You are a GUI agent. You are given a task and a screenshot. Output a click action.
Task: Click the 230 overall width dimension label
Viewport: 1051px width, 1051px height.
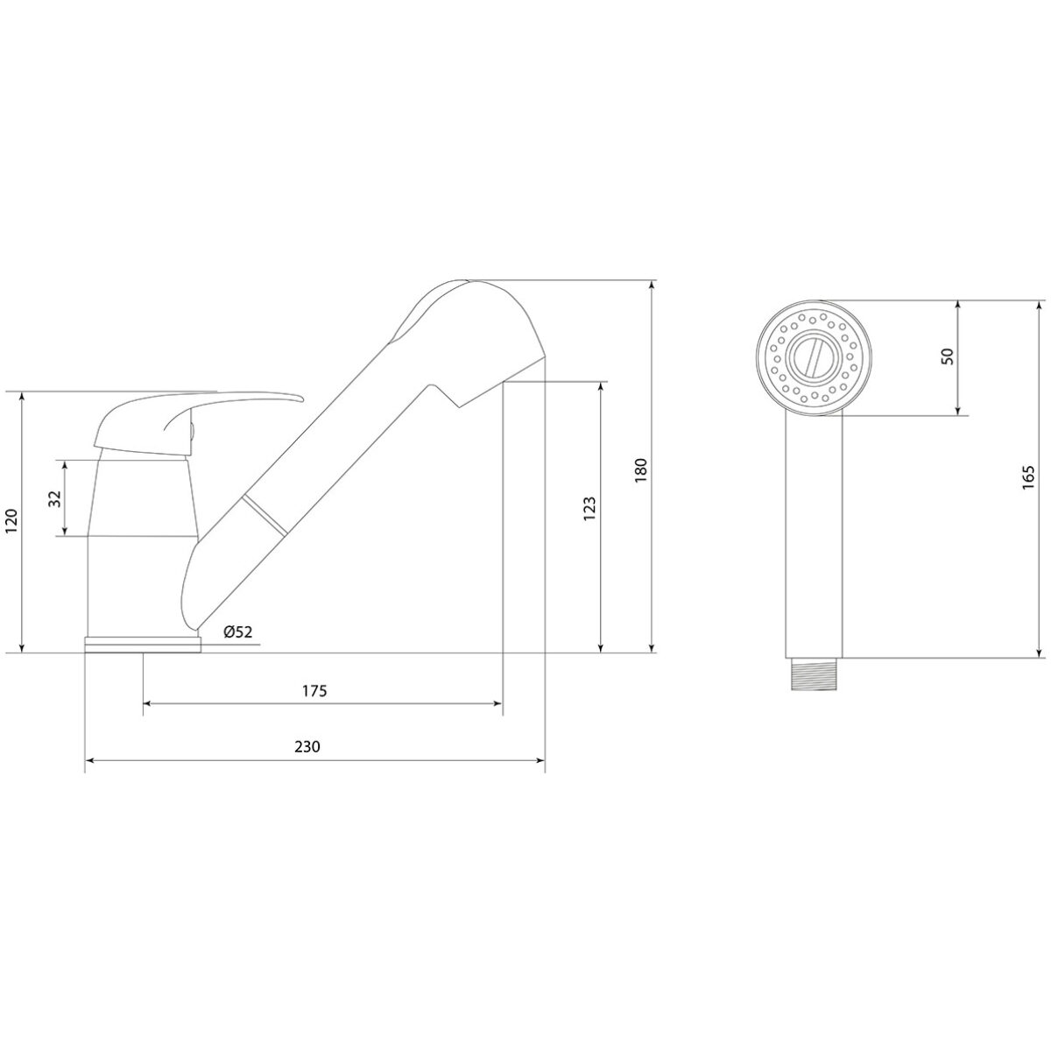tap(307, 746)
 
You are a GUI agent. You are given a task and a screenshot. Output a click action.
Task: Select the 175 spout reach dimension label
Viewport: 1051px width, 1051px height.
tap(314, 691)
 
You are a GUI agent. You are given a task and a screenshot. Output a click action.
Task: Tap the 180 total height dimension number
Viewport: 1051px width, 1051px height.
tap(640, 470)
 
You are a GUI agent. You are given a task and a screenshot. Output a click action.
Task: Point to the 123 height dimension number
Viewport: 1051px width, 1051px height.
tap(589, 508)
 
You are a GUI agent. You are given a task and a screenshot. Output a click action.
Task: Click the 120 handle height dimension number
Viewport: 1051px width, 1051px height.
tap(12, 521)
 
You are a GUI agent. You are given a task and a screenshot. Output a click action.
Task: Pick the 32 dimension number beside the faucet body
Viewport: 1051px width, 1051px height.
tap(56, 498)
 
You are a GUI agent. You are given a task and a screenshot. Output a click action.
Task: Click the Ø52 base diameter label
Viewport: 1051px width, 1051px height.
tap(238, 632)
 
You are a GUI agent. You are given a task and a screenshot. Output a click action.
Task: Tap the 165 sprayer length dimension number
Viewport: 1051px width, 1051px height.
tap(1028, 477)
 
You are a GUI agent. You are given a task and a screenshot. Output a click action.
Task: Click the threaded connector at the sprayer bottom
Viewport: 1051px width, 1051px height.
tap(813, 674)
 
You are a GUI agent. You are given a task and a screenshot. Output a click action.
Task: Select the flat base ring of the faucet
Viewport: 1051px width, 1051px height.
tap(143, 644)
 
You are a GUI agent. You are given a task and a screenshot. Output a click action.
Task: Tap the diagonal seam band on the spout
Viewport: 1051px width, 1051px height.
tap(265, 515)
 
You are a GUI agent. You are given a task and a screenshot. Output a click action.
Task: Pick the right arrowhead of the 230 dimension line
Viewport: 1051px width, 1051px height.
tap(540, 761)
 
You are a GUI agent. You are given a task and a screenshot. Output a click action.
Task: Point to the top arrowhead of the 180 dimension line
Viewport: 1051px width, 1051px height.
tap(652, 286)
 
